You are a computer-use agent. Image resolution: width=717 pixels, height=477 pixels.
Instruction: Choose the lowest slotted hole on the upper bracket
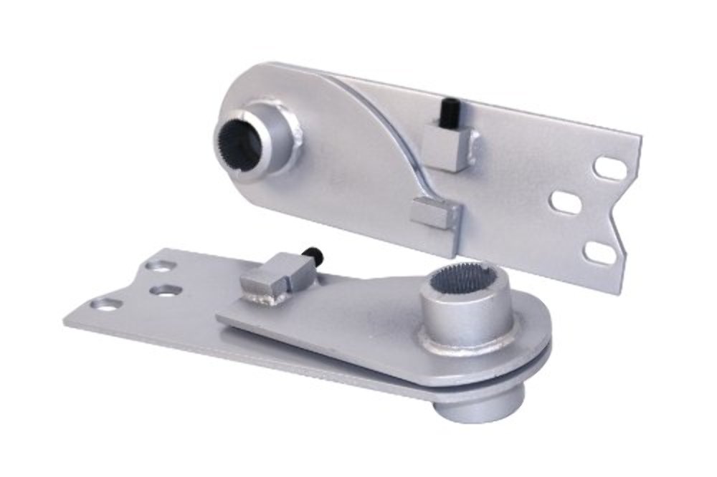599,252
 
